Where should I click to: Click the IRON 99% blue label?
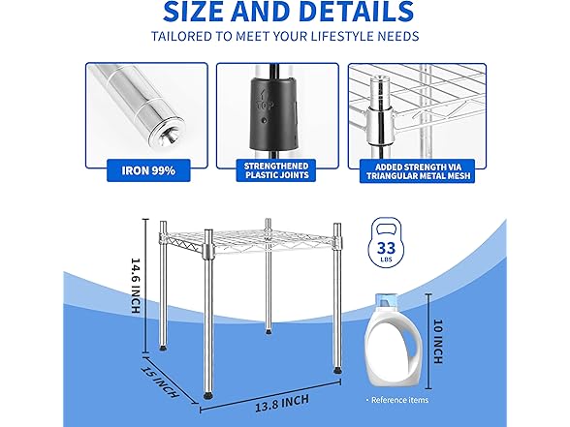coord(148,170)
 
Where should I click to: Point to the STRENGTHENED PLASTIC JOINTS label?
coord(276,170)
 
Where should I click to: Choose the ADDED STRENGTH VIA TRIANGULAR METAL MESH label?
coord(418,171)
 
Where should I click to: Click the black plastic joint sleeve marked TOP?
coord(273,115)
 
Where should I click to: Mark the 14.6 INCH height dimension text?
coord(136,286)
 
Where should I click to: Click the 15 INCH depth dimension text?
coord(160,381)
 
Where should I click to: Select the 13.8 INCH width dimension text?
coord(282,403)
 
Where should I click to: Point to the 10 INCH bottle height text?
coord(438,341)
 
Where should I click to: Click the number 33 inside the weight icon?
coord(386,248)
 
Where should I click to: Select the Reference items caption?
coord(399,400)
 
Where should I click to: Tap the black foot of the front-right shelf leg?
coord(337,371)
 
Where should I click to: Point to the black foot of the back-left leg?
coord(163,348)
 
